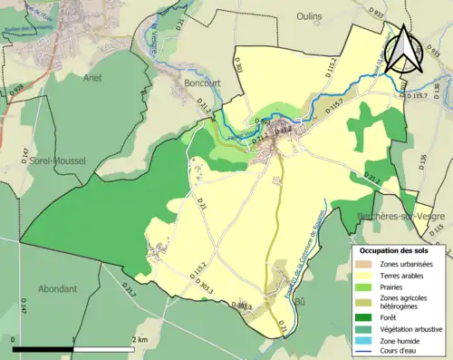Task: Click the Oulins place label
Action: (311, 15)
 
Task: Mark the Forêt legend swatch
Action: (367, 316)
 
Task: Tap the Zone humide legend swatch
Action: (367, 339)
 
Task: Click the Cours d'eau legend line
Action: (367, 351)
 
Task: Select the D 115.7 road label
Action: (421, 95)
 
